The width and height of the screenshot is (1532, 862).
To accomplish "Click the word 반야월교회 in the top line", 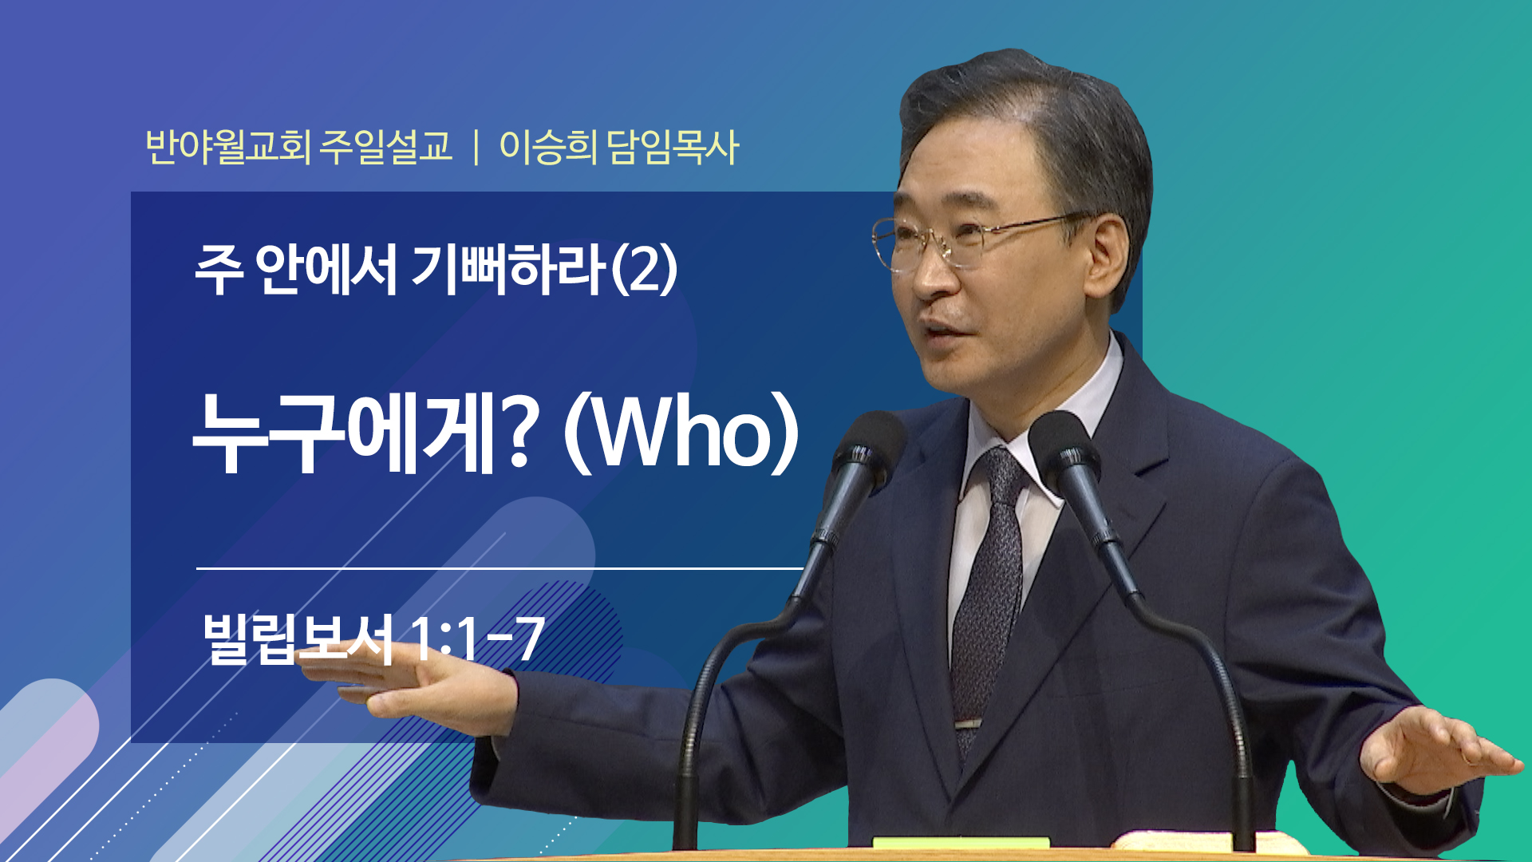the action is click(x=228, y=147).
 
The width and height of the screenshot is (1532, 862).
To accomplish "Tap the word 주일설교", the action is click(x=385, y=147).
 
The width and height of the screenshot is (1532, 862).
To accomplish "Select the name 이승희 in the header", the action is click(x=547, y=147).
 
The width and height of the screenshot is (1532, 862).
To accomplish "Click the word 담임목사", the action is click(x=673, y=147).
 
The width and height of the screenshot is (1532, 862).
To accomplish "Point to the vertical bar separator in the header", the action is click(x=476, y=148).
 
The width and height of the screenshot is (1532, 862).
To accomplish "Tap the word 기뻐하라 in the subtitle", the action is click(x=508, y=269).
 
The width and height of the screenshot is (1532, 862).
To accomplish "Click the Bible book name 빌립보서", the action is click(x=298, y=639).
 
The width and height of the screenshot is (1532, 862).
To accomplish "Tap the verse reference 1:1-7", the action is click(x=476, y=639).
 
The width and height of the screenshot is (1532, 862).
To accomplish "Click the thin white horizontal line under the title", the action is click(x=499, y=568).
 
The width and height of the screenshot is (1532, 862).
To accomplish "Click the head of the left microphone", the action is click(x=867, y=452).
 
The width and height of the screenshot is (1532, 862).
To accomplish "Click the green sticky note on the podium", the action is click(x=961, y=843).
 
